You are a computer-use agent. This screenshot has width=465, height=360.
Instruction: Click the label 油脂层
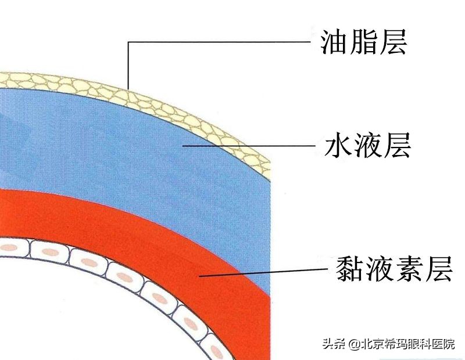tap(363, 42)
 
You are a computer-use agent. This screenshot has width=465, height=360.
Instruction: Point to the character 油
tap(334, 42)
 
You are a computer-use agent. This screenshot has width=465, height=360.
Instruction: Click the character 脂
tap(363, 42)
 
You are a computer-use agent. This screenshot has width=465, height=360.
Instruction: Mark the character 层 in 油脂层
tap(392, 42)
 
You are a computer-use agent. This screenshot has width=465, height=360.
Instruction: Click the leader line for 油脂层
tap(221, 42)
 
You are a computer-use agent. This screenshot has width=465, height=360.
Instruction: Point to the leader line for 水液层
tap(250, 145)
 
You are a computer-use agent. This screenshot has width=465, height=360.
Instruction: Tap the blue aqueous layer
tap(145, 151)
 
